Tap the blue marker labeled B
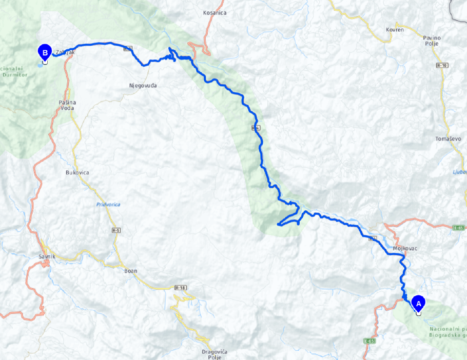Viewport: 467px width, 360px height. (x=45, y=52)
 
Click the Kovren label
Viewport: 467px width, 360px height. (x=395, y=30)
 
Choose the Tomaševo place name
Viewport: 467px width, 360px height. (x=445, y=139)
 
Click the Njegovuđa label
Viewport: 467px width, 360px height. (x=143, y=85)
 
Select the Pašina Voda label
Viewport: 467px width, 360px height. (x=67, y=105)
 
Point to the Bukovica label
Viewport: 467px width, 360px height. (x=77, y=173)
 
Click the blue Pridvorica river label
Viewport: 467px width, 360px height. (x=108, y=205)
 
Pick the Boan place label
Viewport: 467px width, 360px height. (x=131, y=271)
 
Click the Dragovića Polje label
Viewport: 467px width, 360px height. (x=215, y=354)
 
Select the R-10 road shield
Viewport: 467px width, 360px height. (x=442, y=66)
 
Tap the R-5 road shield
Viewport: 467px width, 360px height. (x=115, y=231)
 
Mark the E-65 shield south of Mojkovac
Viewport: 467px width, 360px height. (x=368, y=341)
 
